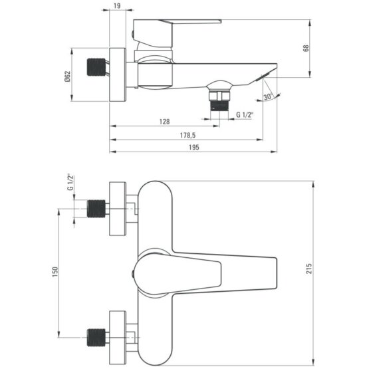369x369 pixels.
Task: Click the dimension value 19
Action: (118, 7)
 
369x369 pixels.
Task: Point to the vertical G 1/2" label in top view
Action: (69, 182)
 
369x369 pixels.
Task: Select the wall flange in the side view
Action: (118, 74)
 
